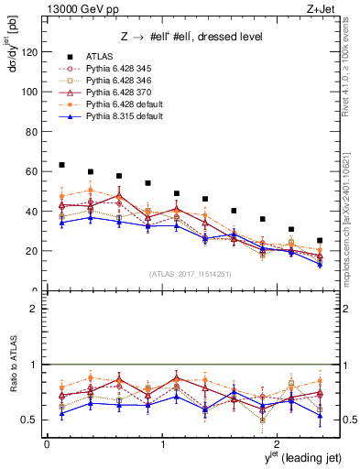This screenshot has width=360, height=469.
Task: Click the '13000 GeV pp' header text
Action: pyautogui.click(x=81, y=8)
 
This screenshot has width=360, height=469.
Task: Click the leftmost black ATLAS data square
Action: pyautogui.click(x=61, y=165)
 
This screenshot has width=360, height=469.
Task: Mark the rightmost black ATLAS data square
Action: pyautogui.click(x=320, y=240)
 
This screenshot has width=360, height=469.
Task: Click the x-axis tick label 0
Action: pyautogui.click(x=47, y=442)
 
